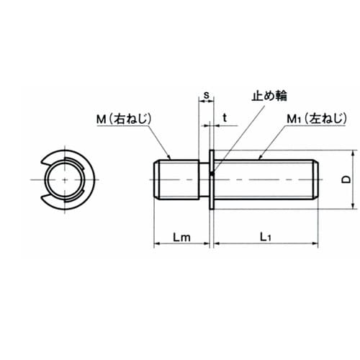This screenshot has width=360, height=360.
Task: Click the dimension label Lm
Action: pyautogui.click(x=181, y=238)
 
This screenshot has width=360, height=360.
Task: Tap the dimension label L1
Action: pyautogui.click(x=266, y=238)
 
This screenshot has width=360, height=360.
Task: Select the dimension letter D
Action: pyautogui.click(x=346, y=179)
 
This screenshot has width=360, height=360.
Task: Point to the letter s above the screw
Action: pyautogui.click(x=207, y=95)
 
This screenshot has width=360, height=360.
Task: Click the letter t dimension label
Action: pyautogui.click(x=225, y=118)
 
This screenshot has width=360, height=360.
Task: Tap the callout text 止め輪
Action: pyautogui.click(x=269, y=96)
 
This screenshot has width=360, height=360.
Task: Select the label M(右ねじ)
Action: pyautogui.click(x=124, y=119)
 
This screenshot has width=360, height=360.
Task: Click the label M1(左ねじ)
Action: pyautogui.click(x=317, y=119)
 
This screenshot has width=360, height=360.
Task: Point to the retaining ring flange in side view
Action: pyautogui.click(x=212, y=179)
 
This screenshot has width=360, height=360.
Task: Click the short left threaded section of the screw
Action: pyautogui.click(x=176, y=179)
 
